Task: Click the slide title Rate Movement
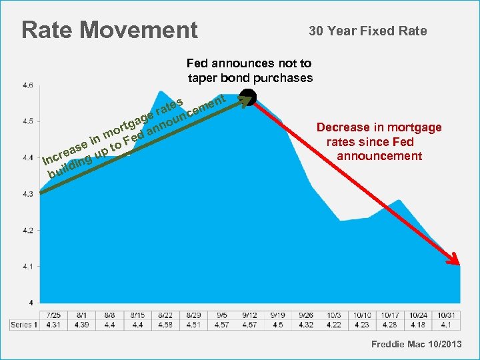coord(109,30)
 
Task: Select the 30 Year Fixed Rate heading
coord(367,31)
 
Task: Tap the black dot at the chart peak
coord(247,97)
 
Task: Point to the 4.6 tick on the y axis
coord(29,85)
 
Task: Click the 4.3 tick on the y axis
coord(29,194)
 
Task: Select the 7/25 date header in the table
coord(54,315)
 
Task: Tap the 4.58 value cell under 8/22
coord(166,325)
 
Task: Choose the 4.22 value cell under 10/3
coord(333,325)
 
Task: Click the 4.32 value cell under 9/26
coord(305,325)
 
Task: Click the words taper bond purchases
coord(250,77)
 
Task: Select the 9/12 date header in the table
coord(250,315)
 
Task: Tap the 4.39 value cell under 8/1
coord(82,325)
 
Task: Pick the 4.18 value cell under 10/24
coord(417,325)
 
